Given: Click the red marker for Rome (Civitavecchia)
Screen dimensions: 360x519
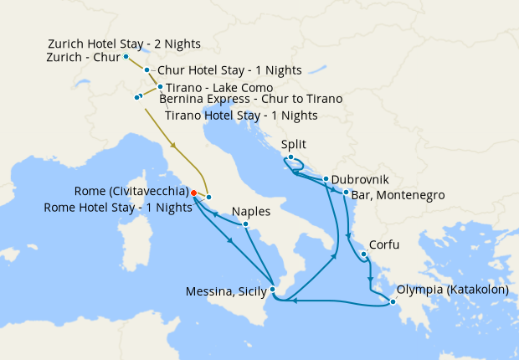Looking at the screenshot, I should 193,193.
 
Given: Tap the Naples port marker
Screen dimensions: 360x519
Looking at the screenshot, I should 245,224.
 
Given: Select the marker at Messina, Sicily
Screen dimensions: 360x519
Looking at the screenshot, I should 273,291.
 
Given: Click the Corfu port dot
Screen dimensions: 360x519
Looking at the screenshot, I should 363,255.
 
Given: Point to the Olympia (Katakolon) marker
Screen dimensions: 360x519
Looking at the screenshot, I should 393,302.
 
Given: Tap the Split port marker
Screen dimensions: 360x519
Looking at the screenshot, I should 290,158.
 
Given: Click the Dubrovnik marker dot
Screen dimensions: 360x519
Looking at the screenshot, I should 326,179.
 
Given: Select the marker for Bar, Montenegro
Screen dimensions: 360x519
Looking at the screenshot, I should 346,193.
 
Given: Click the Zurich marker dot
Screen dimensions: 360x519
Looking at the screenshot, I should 126,57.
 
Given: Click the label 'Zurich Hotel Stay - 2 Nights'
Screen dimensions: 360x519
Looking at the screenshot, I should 125,44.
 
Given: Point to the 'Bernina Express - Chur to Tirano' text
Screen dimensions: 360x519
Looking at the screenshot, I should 250,100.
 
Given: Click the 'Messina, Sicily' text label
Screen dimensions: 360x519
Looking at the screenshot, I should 224,291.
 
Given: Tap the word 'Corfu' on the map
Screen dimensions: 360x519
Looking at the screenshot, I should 384,244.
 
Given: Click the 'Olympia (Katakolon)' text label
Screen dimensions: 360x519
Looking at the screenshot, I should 453,291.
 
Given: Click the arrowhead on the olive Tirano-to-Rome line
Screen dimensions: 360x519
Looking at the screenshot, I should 174,147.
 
